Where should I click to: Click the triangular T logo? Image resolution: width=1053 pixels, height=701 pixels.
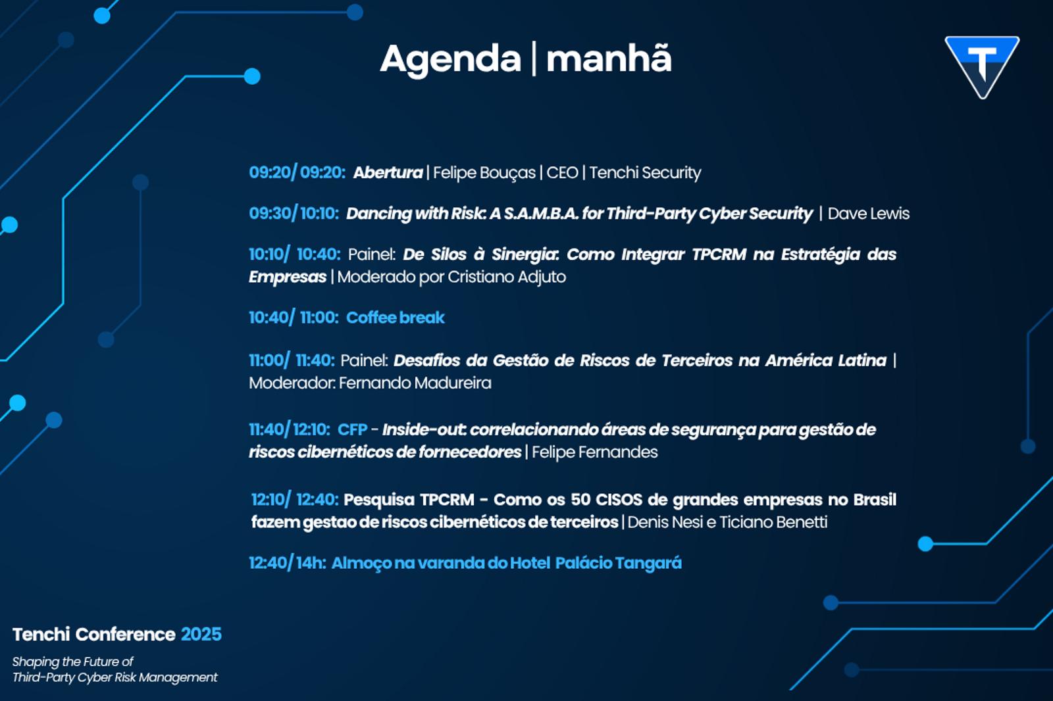[982, 66]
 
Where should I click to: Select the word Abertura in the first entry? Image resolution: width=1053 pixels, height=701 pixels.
[388, 173]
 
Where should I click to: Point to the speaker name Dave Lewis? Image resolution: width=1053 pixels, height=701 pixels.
[868, 214]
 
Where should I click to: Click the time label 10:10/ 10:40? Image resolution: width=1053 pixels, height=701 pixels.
[295, 254]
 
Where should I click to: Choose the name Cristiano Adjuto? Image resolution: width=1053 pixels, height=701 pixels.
[506, 278]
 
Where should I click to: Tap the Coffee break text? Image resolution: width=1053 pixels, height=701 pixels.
[396, 318]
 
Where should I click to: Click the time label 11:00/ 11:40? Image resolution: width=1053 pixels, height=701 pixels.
[292, 360]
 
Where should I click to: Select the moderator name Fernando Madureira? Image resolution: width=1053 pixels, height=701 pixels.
[415, 383]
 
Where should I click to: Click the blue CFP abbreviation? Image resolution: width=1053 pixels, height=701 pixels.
[353, 429]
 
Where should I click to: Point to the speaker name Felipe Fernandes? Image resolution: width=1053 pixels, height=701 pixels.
[595, 452]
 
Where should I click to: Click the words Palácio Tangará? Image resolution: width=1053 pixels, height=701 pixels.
[618, 563]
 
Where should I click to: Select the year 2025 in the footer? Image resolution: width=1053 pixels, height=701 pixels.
[201, 635]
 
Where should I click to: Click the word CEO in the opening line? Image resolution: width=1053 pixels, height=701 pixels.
[562, 173]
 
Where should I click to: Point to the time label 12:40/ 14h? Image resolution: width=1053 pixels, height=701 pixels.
[288, 563]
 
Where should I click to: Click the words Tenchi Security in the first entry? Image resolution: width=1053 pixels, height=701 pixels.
[645, 173]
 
